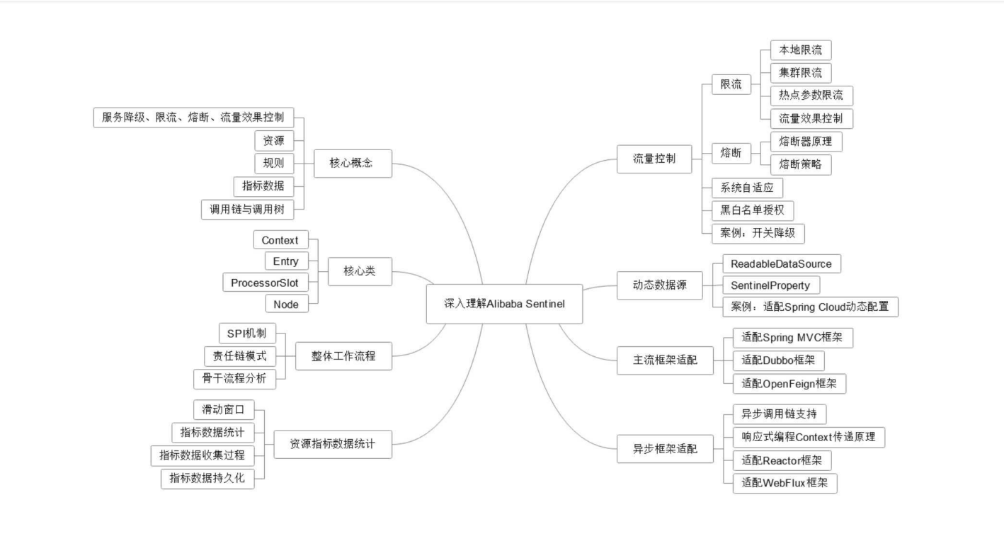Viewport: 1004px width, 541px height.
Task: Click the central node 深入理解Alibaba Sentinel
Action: tap(504, 304)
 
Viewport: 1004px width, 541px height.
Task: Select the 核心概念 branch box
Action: tap(350, 164)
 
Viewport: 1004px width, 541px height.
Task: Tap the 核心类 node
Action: tap(360, 271)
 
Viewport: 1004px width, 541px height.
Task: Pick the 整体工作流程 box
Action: tap(343, 356)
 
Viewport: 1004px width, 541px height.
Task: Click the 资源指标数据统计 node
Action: tap(332, 445)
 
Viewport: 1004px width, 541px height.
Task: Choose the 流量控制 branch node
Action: tap(654, 159)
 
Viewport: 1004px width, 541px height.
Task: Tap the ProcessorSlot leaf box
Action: tap(265, 283)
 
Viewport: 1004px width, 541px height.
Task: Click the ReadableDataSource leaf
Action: tap(776, 264)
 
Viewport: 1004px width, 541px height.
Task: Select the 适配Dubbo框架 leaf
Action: tap(778, 360)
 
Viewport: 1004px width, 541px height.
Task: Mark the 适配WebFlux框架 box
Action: tap(785, 484)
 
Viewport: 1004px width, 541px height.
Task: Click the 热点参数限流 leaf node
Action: tap(811, 96)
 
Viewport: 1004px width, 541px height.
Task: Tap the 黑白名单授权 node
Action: tap(753, 210)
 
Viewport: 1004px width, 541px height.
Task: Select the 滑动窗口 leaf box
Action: tap(223, 410)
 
